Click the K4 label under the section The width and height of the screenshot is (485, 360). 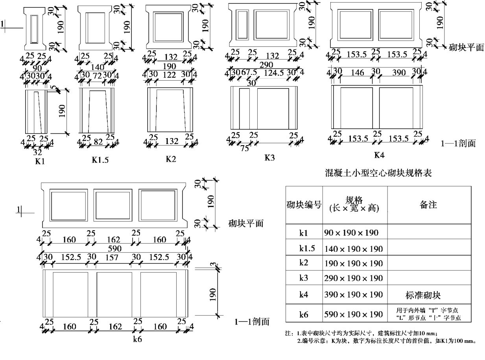click(379, 155)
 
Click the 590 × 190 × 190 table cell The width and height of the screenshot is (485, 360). click(353, 314)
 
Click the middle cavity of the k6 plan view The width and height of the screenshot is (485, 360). click(113, 205)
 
